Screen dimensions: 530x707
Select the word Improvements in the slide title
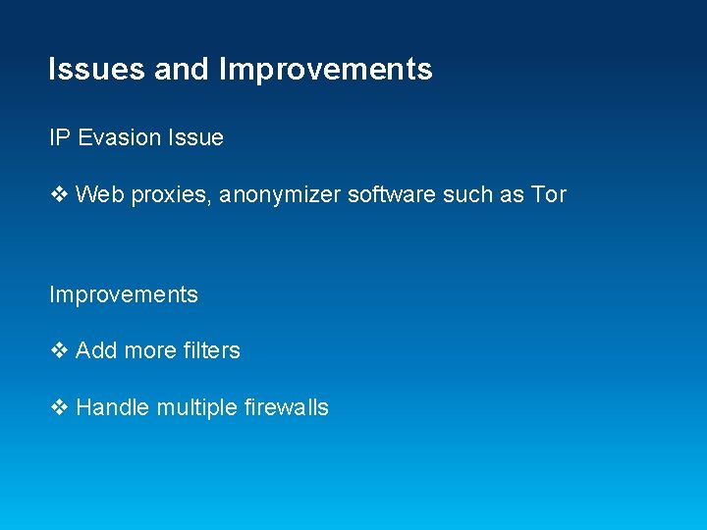(x=325, y=70)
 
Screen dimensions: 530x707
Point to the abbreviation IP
(x=59, y=138)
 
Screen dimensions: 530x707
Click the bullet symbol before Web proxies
(x=58, y=194)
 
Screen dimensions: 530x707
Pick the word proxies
(x=166, y=195)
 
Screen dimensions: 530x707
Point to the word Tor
(x=549, y=194)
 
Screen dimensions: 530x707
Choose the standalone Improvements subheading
(x=124, y=294)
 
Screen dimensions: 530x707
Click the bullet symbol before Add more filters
(x=58, y=350)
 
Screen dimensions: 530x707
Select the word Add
(x=96, y=350)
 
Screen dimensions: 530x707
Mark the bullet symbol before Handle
(x=58, y=407)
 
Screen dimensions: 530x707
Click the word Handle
(x=113, y=407)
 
